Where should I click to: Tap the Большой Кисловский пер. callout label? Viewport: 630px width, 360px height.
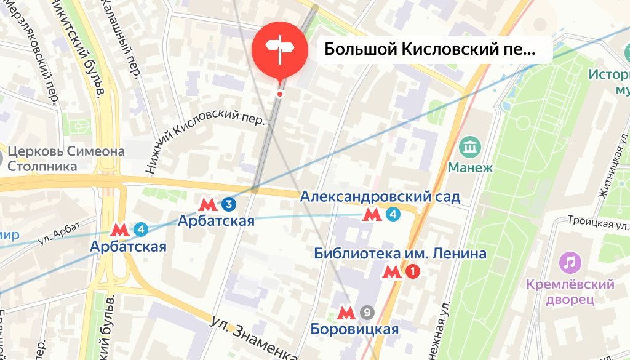point(429,49)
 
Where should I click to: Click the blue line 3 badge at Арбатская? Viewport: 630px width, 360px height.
point(229,204)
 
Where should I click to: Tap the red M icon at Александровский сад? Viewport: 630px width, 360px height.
point(371,215)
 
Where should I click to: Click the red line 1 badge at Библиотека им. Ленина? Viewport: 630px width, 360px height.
point(412,271)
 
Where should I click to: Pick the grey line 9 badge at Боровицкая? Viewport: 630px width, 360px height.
point(367,313)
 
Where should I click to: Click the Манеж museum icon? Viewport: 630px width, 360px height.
point(471,148)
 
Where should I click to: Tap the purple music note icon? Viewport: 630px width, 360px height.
point(570,263)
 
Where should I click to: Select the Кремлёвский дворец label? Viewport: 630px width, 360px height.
point(570,292)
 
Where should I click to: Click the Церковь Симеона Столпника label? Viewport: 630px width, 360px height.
point(65,158)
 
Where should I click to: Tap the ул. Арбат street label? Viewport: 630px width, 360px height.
point(60,233)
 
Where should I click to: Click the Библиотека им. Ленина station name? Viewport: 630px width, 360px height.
point(400,254)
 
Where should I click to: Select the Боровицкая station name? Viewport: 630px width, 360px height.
point(355,329)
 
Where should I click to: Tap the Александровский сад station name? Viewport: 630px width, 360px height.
point(380,197)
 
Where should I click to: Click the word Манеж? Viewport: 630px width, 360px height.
point(471,167)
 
